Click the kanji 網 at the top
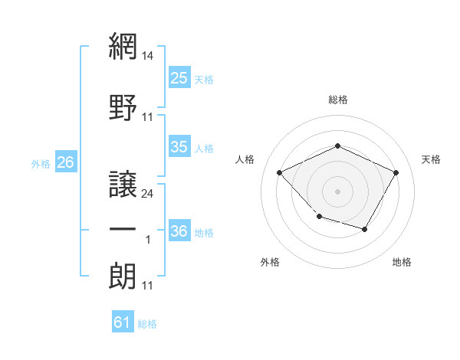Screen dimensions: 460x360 click(123, 46)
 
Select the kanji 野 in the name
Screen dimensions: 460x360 click(123, 107)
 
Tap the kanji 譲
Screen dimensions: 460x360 click(123, 184)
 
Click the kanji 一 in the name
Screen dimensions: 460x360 click(123, 229)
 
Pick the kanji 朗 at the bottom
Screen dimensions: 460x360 click(123, 276)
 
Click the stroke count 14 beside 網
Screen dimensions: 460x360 click(147, 56)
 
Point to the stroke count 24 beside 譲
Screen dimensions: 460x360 click(147, 194)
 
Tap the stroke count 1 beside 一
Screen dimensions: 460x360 click(148, 240)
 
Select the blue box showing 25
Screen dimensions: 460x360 click(179, 77)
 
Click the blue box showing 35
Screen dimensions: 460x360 click(179, 146)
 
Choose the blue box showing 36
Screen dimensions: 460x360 click(179, 230)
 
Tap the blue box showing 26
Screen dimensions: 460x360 click(66, 162)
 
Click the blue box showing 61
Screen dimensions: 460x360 click(123, 321)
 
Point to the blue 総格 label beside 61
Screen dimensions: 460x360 click(147, 324)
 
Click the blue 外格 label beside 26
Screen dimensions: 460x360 click(41, 164)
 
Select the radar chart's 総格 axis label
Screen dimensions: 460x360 click(337, 100)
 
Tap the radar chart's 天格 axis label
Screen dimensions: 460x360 click(431, 159)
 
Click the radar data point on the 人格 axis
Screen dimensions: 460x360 click(280, 172)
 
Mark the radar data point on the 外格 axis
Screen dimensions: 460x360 click(320, 217)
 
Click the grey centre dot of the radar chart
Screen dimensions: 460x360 click(337, 191)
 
